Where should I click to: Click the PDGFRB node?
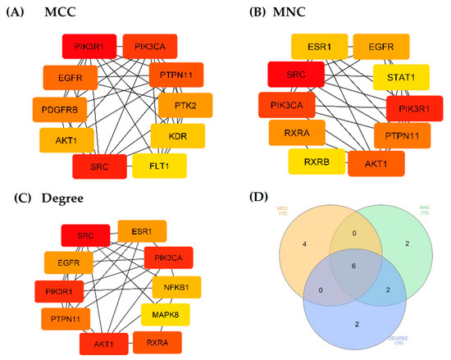pyautogui.click(x=57, y=108)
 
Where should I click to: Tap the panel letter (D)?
pyautogui.click(x=239, y=199)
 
